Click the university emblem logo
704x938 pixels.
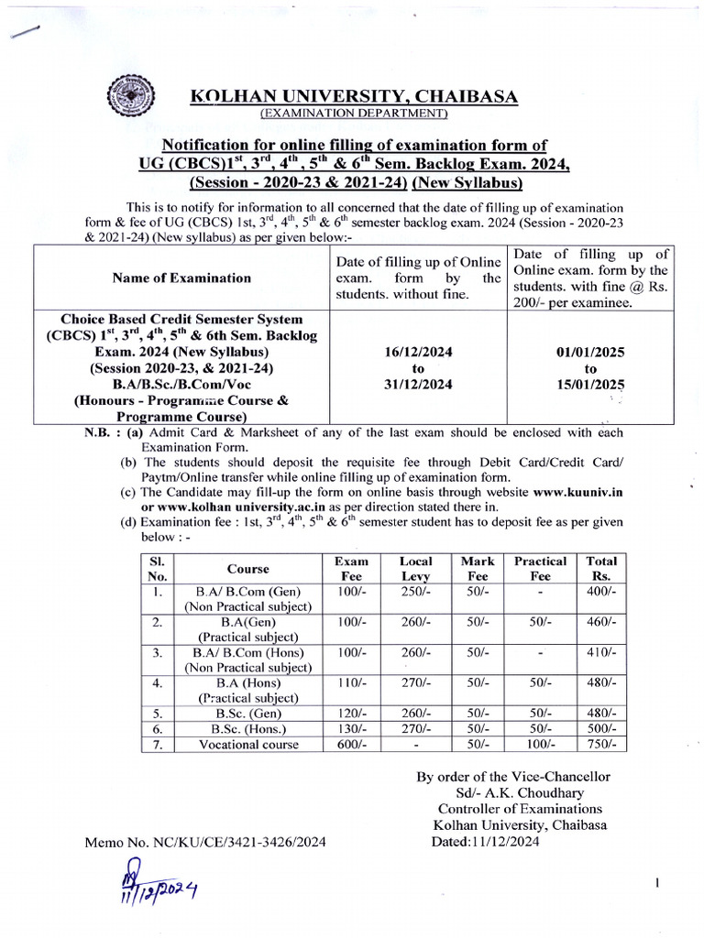tap(128, 96)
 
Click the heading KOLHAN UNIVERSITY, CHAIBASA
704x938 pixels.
tap(354, 97)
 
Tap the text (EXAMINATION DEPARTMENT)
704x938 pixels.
tap(354, 114)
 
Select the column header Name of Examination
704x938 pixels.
tap(181, 278)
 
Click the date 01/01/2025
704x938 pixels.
tap(589, 352)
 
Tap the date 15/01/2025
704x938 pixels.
tap(589, 385)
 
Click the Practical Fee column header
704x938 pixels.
tap(540, 568)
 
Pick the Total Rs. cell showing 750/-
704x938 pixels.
tap(601, 745)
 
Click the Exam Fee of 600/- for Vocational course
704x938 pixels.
tap(352, 745)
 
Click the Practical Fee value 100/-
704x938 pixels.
tap(540, 745)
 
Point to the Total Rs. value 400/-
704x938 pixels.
tap(601, 592)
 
